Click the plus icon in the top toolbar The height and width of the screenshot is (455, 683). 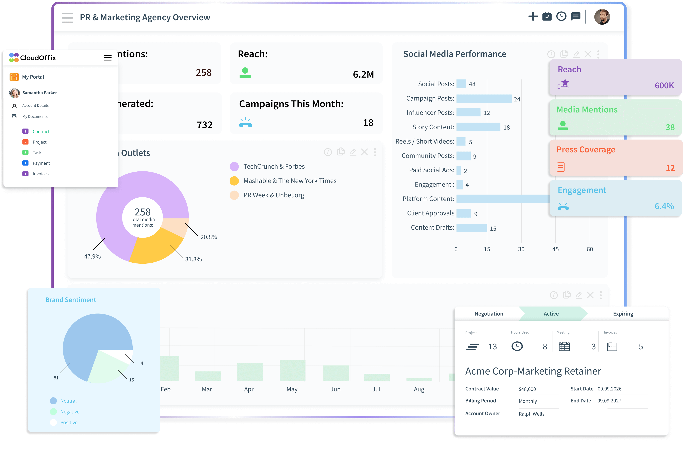(533, 16)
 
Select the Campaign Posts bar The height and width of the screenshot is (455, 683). (484, 99)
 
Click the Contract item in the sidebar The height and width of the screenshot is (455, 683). (41, 132)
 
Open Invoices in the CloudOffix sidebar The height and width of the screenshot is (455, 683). (40, 174)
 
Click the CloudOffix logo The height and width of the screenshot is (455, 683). (32, 58)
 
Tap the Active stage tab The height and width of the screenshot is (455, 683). (551, 314)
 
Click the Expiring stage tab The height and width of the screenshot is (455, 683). (623, 314)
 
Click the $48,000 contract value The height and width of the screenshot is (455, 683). (527, 389)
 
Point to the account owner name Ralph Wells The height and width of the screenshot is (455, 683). (531, 414)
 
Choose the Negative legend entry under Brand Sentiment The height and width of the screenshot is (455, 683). (70, 412)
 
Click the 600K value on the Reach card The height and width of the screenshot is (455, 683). (664, 85)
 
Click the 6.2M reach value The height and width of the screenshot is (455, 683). (363, 74)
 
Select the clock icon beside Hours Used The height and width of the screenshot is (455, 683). (517, 346)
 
